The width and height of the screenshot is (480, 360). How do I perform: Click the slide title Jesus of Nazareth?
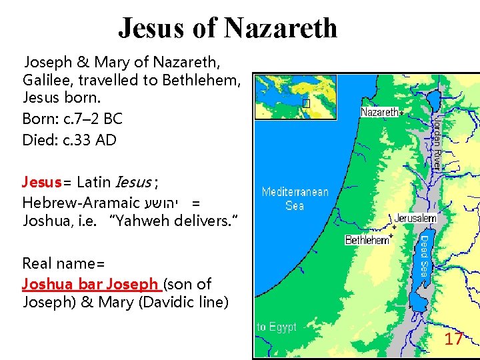[x=227, y=28]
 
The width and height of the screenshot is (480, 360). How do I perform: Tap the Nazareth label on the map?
[x=379, y=112]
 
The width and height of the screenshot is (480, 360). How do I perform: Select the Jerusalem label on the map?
[x=415, y=218]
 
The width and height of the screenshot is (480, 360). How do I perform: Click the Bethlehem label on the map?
[x=366, y=240]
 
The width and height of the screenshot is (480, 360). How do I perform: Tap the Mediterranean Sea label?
[x=295, y=199]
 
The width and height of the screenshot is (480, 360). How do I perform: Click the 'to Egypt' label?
[x=277, y=327]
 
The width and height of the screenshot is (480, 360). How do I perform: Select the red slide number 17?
[x=453, y=339]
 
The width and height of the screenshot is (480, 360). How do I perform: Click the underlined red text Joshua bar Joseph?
[x=91, y=284]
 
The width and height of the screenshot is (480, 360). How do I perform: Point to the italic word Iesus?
[x=134, y=181]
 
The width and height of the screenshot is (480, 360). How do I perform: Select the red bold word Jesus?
[x=41, y=181]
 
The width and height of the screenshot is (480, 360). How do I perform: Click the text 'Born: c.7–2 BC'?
[x=73, y=119]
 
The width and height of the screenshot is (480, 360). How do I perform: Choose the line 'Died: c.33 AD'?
[x=69, y=140]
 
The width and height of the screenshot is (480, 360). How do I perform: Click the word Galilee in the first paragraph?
[x=44, y=81]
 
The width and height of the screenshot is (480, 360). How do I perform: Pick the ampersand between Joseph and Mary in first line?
[x=83, y=63]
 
